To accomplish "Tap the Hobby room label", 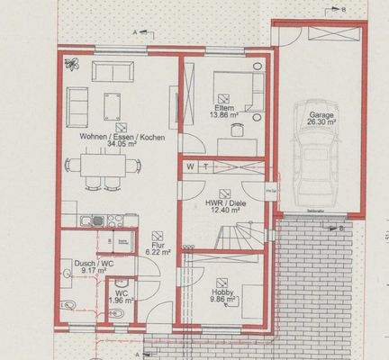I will pos(222,292).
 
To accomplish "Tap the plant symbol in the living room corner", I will pos(72,65).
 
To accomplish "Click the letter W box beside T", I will pos(190,167).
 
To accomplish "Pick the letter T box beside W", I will pos(205,167).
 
